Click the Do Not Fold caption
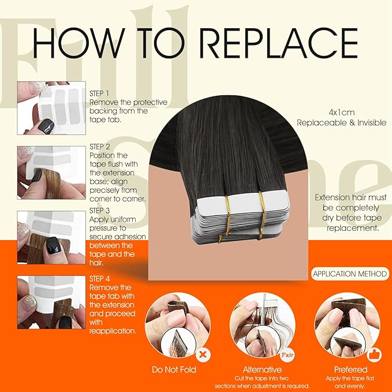tap(173, 369)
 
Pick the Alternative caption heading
tap(263, 369)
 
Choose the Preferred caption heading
tap(350, 369)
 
